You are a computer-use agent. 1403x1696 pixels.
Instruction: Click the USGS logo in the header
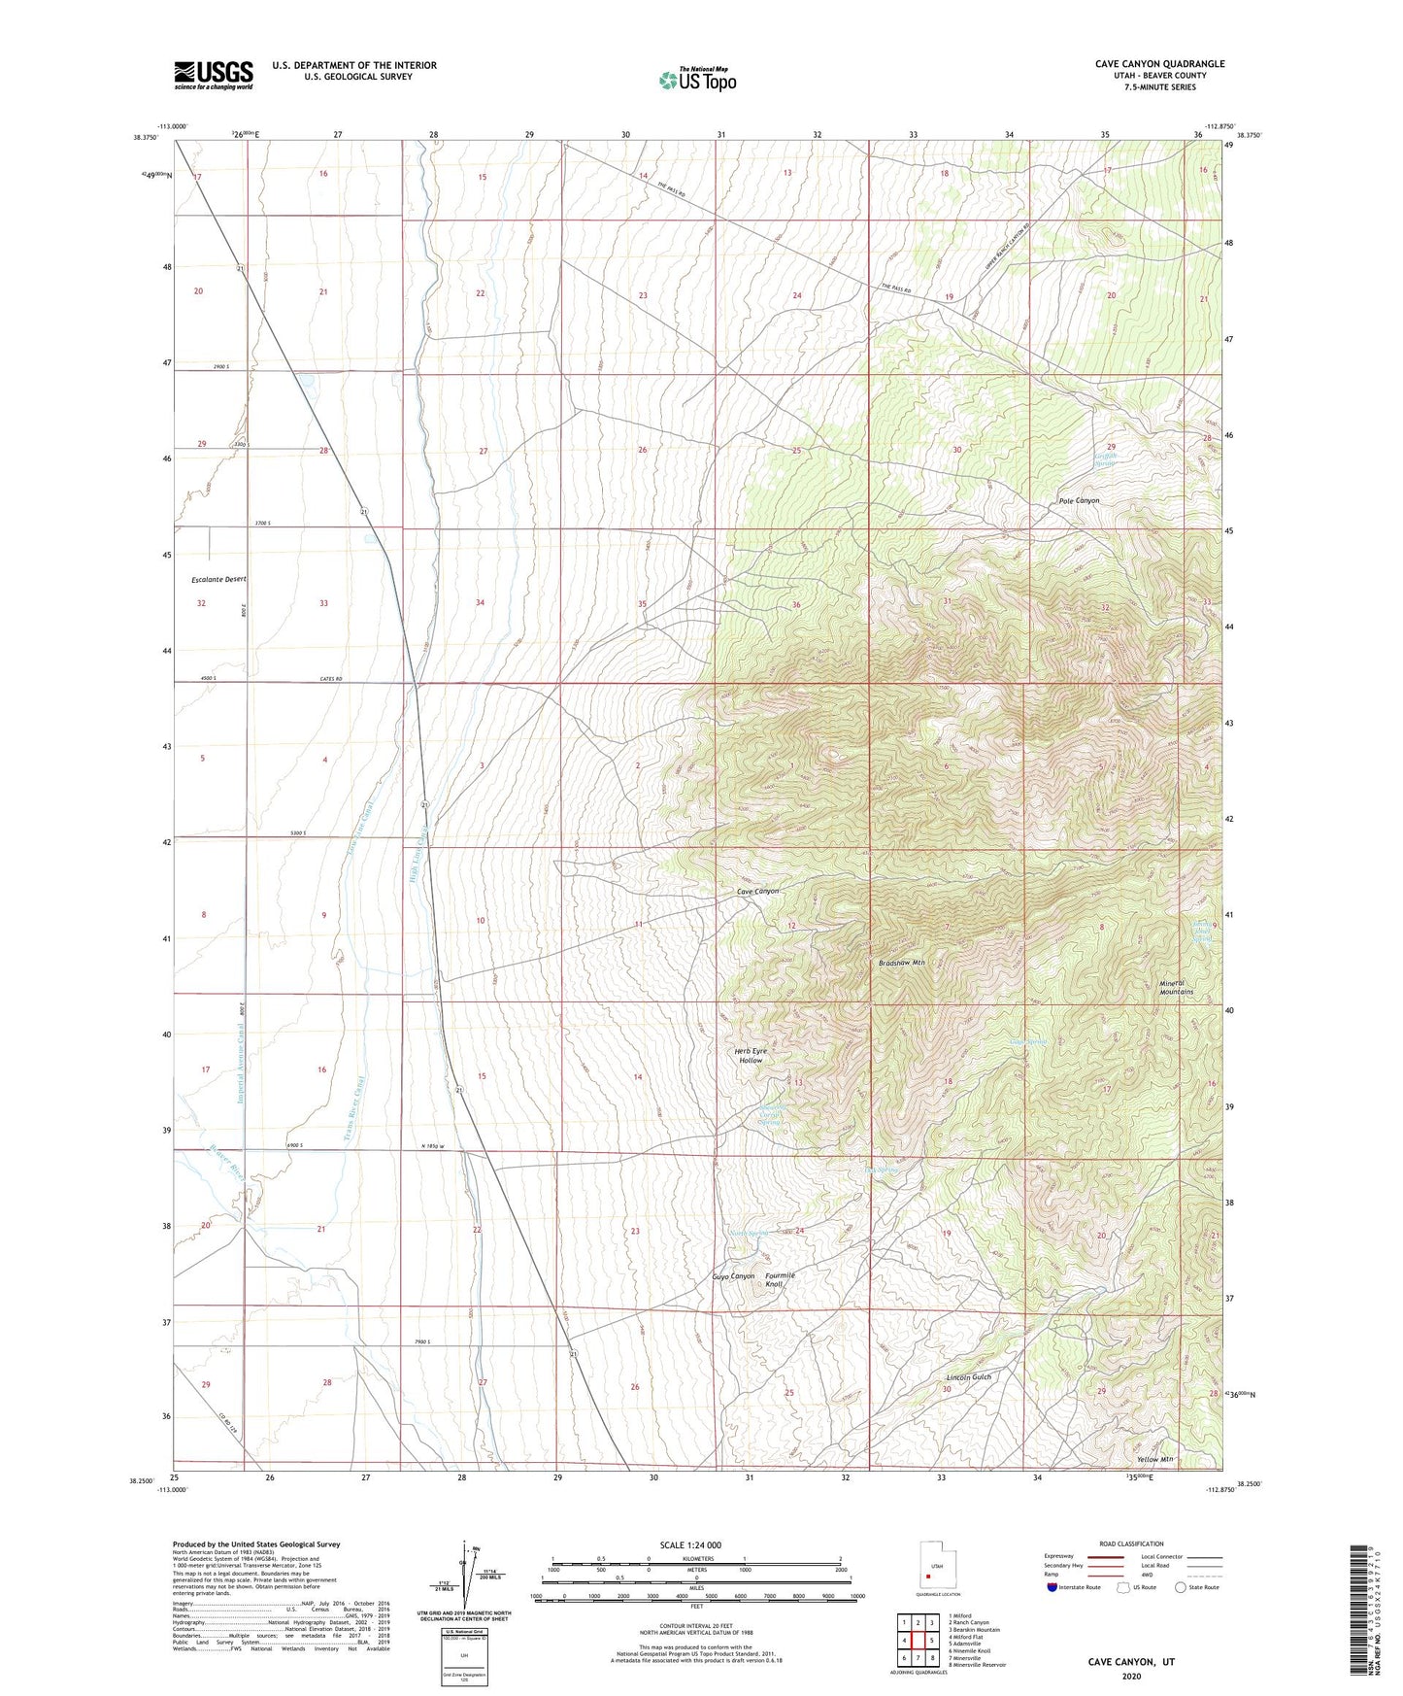point(214,75)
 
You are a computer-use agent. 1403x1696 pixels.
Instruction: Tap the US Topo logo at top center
point(696,80)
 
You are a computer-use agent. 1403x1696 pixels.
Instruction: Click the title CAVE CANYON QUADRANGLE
point(1159,64)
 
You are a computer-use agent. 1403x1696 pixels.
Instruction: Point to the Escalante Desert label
point(218,579)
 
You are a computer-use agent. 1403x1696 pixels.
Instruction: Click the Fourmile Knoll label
point(779,1279)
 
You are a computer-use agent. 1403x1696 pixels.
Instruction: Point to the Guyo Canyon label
point(733,1275)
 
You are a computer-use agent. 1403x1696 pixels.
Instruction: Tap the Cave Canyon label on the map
point(757,891)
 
